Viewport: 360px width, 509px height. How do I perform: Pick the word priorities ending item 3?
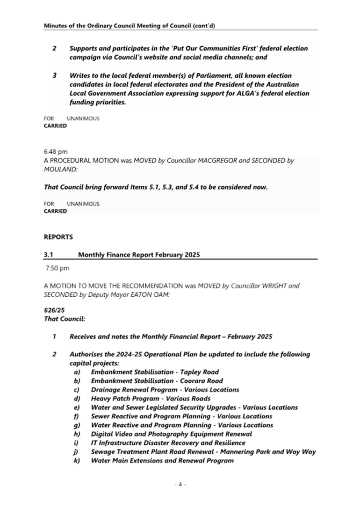108,102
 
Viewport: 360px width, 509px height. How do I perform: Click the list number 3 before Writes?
55,76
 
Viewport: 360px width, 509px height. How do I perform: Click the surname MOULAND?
60,169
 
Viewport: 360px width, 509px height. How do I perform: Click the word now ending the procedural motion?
260,188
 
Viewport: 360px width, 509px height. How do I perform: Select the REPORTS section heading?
58,237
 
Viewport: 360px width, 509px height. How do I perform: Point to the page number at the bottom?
179,484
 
